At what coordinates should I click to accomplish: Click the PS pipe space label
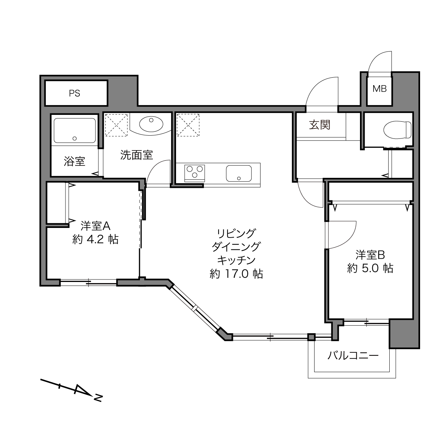(x=74, y=93)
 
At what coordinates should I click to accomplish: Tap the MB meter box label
(x=379, y=89)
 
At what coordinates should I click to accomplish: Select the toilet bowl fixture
(x=397, y=130)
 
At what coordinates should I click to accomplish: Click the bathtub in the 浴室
(x=75, y=130)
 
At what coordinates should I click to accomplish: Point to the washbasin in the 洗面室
(x=151, y=124)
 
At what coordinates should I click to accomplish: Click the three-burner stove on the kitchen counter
(x=195, y=173)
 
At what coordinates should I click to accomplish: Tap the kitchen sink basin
(x=239, y=174)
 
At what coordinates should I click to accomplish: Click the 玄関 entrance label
(x=320, y=125)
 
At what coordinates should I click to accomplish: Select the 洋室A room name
(x=95, y=226)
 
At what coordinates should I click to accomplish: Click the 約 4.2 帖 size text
(x=96, y=239)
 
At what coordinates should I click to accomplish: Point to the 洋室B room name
(x=370, y=255)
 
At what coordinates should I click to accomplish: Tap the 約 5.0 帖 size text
(x=370, y=268)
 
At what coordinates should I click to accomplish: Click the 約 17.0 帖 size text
(x=237, y=274)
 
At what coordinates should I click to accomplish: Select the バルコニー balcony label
(x=353, y=356)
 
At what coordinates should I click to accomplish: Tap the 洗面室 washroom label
(x=136, y=155)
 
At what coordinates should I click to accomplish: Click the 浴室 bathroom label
(x=74, y=161)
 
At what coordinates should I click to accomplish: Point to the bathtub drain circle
(x=75, y=138)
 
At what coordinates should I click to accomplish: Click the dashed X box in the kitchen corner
(x=188, y=125)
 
